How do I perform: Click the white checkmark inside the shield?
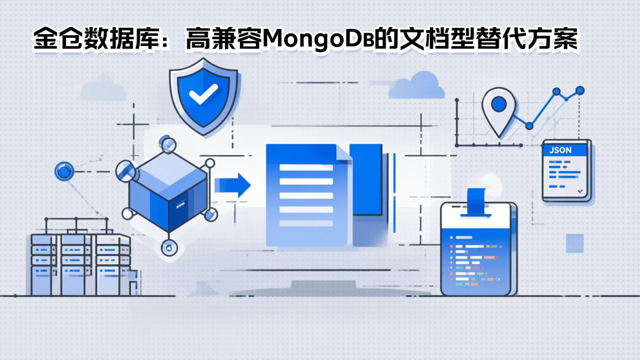203,94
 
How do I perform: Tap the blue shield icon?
204,100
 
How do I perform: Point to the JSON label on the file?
560,150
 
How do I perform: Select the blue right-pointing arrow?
232,185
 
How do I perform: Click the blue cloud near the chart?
416,87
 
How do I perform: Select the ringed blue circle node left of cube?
64,171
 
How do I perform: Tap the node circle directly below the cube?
168,248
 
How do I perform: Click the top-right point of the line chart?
580,91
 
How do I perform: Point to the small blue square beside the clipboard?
574,243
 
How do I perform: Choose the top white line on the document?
306,168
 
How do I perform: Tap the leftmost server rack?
44,264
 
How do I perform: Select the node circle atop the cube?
168,144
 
